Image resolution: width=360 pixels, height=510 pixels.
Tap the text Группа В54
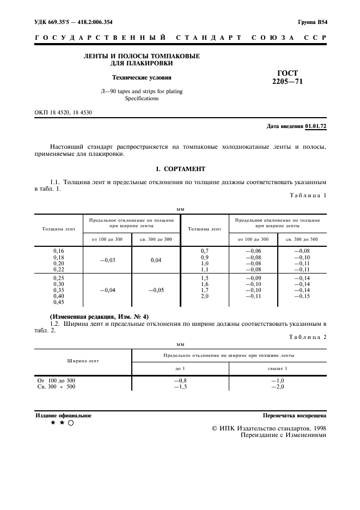312,22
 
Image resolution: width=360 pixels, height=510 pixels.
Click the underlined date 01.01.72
315,126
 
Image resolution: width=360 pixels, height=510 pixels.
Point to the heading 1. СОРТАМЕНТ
180,169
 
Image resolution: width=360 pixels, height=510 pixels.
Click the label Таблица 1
308,195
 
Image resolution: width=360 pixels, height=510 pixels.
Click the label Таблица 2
308,337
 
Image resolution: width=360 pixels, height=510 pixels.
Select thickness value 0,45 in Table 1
58,302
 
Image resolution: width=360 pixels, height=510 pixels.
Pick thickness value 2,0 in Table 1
205,296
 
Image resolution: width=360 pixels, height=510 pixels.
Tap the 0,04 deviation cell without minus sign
156,260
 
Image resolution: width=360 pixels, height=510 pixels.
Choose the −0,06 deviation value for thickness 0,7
254,251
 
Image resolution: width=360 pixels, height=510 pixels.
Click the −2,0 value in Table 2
278,387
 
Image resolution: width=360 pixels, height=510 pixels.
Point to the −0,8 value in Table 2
180,380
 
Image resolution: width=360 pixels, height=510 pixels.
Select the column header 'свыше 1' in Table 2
278,368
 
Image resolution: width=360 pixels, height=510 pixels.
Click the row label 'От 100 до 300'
56,380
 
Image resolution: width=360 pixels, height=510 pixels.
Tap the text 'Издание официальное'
64,415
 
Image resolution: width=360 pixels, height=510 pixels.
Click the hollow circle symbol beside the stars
71,423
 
